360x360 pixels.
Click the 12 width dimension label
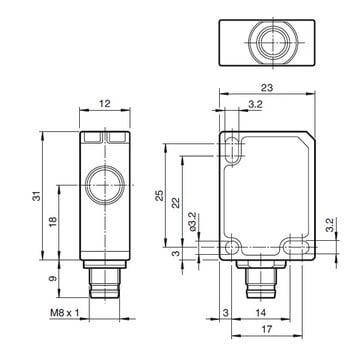tap(105, 104)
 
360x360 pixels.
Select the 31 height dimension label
tap(38, 196)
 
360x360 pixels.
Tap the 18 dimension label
tap(53, 222)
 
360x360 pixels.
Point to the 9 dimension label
tap(53, 278)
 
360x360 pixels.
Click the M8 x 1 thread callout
tap(65, 313)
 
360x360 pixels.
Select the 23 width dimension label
tap(267, 88)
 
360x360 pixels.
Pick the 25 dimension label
tap(160, 195)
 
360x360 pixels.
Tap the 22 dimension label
tap(176, 203)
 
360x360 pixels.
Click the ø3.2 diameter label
tap(194, 221)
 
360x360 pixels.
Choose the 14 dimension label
tap(261, 313)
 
